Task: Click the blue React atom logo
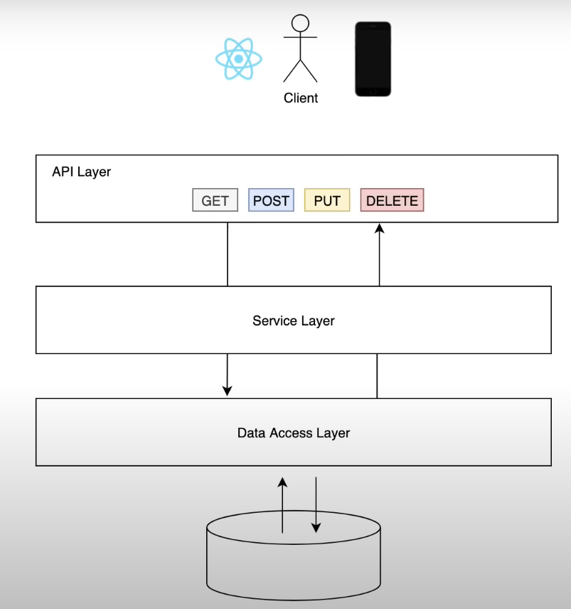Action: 239,58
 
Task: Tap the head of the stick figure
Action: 301,24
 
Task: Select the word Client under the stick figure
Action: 301,98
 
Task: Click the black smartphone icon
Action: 373,58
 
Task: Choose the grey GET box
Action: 215,200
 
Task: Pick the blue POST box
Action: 271,200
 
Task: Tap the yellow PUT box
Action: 327,200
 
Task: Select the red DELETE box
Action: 392,200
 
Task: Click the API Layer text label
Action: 81,172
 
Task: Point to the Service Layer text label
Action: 293,321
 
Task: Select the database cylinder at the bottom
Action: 293,563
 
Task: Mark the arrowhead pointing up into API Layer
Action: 379,229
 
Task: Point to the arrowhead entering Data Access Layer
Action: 227,390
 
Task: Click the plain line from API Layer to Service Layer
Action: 228,254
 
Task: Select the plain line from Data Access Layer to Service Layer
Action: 377,375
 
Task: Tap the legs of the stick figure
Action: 300,71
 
